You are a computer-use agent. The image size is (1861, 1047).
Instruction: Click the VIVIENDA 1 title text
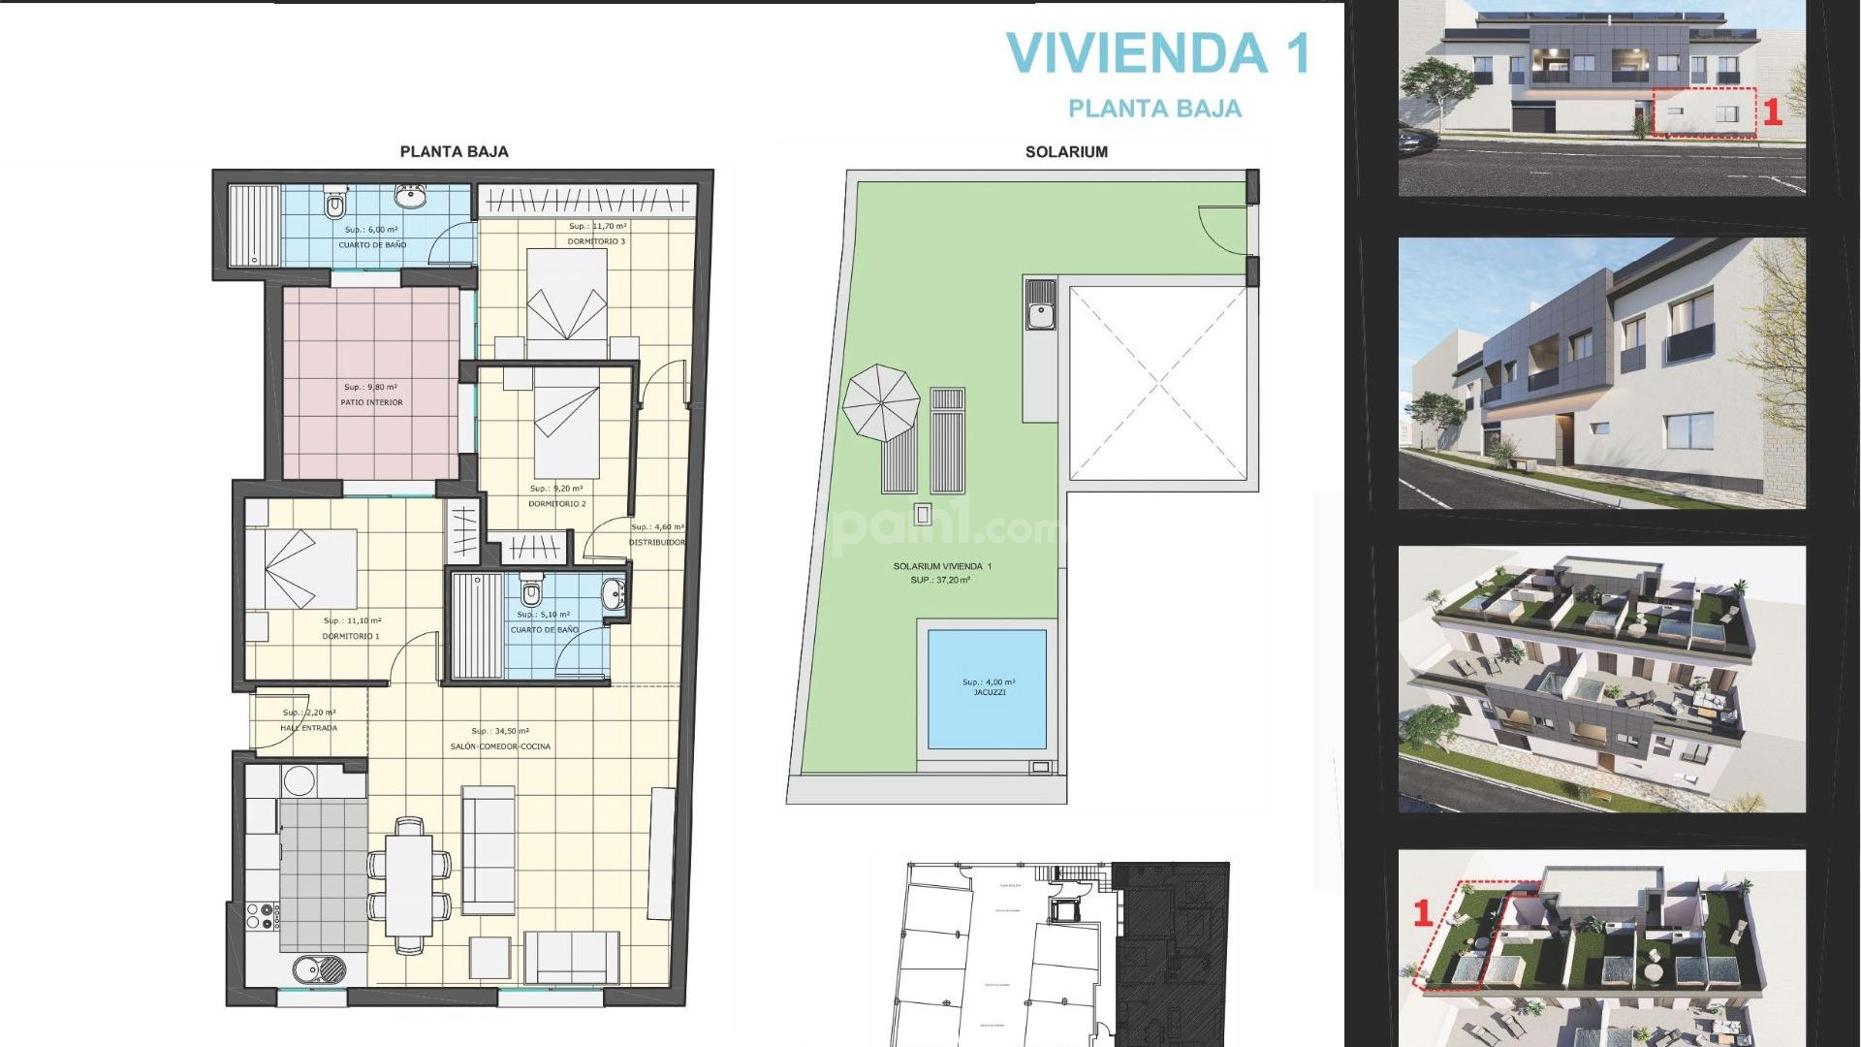pos(1157,53)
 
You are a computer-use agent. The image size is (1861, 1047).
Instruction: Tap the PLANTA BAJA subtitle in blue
pos(1154,109)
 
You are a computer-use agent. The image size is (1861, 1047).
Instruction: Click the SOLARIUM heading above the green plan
pos(1066,151)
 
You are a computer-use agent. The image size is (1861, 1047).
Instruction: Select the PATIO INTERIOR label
pos(371,402)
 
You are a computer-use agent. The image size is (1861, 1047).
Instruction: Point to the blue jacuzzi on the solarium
pos(987,688)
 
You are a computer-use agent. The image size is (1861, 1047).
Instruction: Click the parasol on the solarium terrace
pos(880,402)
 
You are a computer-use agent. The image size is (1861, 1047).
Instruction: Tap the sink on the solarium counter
pos(1040,314)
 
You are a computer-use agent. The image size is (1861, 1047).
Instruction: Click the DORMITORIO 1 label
pos(351,637)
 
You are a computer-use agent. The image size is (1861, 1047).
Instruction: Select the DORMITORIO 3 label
pos(596,241)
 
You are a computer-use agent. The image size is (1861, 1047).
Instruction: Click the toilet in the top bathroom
pos(334,205)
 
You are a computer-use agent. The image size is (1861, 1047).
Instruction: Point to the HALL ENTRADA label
pos(308,728)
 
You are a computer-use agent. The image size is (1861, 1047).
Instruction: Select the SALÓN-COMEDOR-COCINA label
pos(500,746)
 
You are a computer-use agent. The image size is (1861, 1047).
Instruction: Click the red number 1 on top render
pos(1772,112)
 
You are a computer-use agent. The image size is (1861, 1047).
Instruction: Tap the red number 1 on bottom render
pos(1423,912)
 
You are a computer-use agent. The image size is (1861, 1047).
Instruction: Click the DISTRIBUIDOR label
pos(656,543)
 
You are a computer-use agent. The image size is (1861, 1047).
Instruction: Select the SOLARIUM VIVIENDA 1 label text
pos(941,566)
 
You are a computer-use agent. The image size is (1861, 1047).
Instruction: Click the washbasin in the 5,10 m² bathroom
pos(614,594)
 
